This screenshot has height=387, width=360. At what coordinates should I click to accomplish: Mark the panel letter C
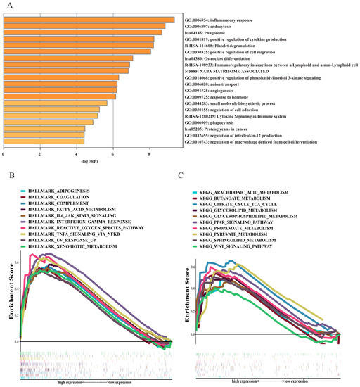(x=182, y=172)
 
